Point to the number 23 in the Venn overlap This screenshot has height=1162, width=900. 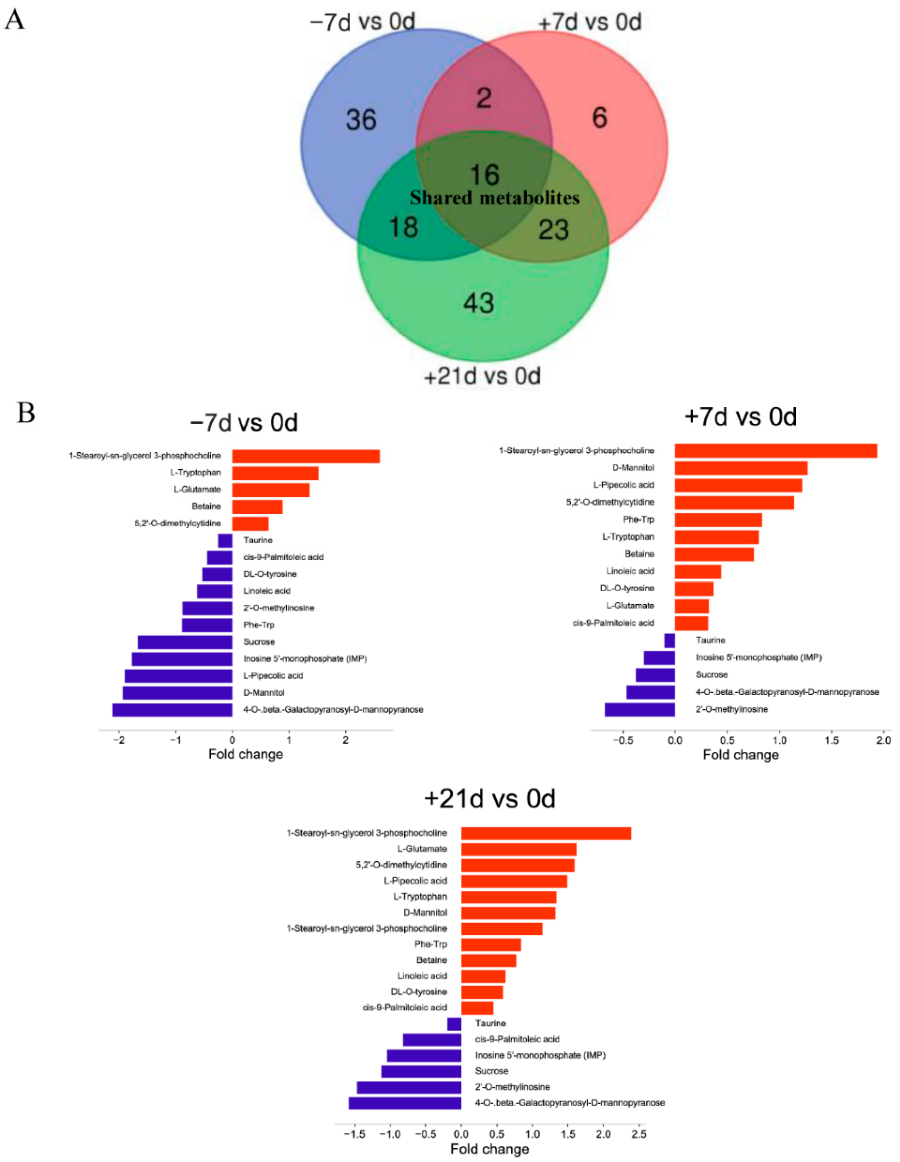pos(554,230)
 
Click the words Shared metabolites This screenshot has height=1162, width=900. pos(495,198)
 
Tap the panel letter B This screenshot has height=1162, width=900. pos(26,413)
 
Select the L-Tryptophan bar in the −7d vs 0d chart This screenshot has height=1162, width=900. pos(275,473)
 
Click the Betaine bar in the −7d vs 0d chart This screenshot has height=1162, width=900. pos(257,506)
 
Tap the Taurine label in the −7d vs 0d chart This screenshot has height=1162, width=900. pos(258,540)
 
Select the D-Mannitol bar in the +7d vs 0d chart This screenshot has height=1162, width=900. pos(741,468)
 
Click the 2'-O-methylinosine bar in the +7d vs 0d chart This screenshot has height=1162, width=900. pos(640,710)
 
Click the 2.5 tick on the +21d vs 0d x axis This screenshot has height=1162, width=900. pos(639,1134)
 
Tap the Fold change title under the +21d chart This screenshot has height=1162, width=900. pos(490,1149)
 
